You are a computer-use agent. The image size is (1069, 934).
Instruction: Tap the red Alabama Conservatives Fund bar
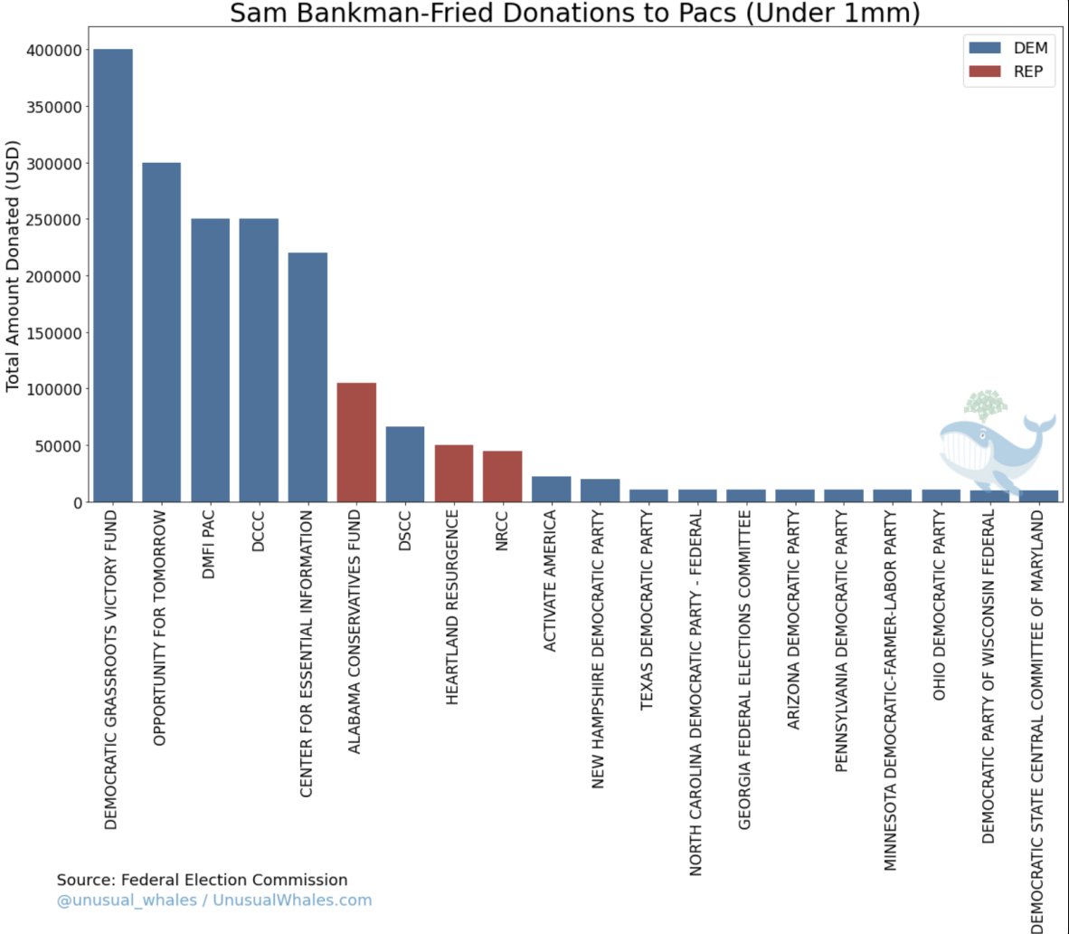pyautogui.click(x=356, y=442)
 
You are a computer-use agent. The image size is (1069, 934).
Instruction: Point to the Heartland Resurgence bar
pyautogui.click(x=454, y=472)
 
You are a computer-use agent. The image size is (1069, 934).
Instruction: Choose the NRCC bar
pyautogui.click(x=502, y=476)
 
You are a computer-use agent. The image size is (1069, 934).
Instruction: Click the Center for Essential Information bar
pyautogui.click(x=307, y=376)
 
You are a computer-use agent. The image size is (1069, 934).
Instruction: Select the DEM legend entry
pyautogui.click(x=1008, y=48)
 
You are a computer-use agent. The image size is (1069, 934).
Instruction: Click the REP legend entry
pyautogui.click(x=1008, y=71)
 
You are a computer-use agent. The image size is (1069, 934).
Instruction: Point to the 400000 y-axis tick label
pyautogui.click(x=54, y=51)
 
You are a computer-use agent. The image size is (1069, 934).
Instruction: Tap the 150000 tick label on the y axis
pyautogui.click(x=54, y=333)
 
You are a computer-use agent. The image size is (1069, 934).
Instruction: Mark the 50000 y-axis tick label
pyautogui.click(x=59, y=445)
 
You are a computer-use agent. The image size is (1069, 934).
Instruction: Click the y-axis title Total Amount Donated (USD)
pyautogui.click(x=13, y=266)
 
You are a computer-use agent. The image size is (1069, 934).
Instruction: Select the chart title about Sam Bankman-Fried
pyautogui.click(x=574, y=14)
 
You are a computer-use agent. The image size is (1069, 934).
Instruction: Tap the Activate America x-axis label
pyautogui.click(x=551, y=580)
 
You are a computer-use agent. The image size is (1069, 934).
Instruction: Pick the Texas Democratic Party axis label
pyautogui.click(x=648, y=609)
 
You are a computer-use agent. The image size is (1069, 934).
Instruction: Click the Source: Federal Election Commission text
pyautogui.click(x=202, y=880)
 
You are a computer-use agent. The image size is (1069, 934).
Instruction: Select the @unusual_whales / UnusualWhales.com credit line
pyautogui.click(x=213, y=901)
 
